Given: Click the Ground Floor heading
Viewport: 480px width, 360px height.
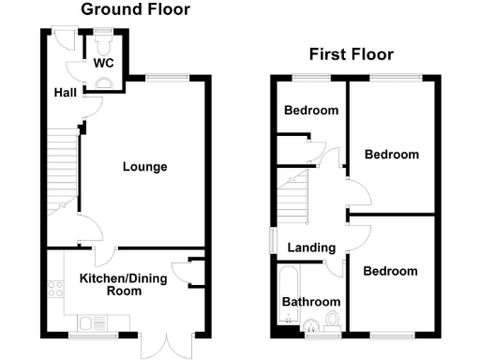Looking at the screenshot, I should pyautogui.click(x=135, y=10).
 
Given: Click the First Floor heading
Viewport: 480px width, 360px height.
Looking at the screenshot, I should pyautogui.click(x=352, y=54).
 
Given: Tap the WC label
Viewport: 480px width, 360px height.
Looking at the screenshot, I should pyautogui.click(x=103, y=64).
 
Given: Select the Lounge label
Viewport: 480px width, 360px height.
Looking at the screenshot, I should pyautogui.click(x=144, y=167).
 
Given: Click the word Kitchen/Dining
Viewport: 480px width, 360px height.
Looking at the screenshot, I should pyautogui.click(x=111, y=278).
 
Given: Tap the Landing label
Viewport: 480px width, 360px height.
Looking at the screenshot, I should pyautogui.click(x=311, y=247).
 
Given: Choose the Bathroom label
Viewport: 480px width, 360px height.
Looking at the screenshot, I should pyautogui.click(x=311, y=302).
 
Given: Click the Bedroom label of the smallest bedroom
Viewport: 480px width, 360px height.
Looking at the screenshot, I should pyautogui.click(x=311, y=111).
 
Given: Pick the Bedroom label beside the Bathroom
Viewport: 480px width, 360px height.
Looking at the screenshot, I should pyautogui.click(x=391, y=271).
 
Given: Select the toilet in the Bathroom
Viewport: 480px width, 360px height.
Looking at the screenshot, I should pyautogui.click(x=310, y=327).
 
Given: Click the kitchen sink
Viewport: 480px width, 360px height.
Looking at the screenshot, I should pyautogui.click(x=90, y=323).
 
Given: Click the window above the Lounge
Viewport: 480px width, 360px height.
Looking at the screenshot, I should pyautogui.click(x=165, y=77).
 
